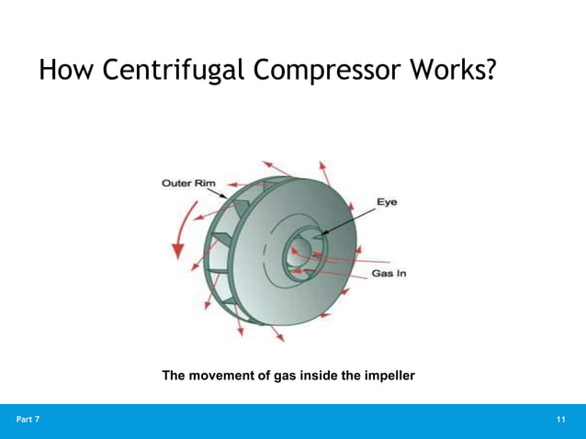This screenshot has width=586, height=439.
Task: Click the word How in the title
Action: [66, 71]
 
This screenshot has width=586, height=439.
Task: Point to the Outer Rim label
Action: [188, 183]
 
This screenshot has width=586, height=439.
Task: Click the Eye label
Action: [387, 202]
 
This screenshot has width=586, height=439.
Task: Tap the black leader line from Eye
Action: [344, 220]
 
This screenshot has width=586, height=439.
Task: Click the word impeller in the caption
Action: [386, 376]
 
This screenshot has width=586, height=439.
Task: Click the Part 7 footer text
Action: [28, 420]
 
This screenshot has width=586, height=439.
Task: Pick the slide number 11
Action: [561, 420]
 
